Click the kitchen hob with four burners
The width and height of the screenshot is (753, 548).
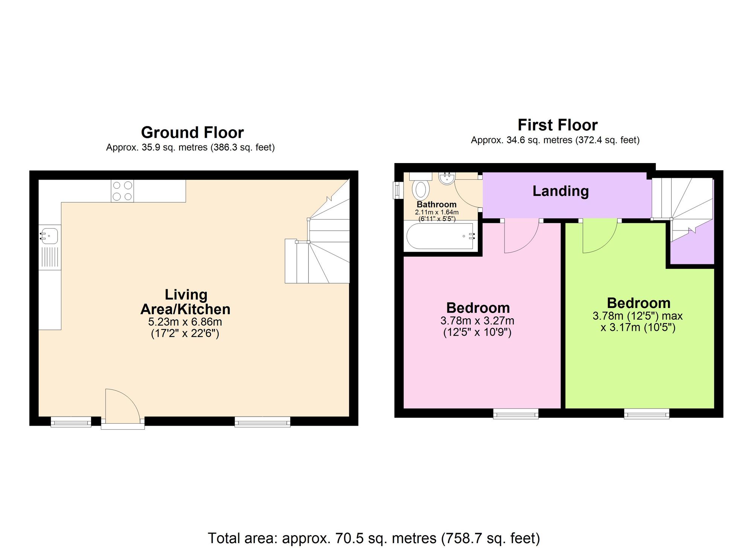pyautogui.click(x=122, y=191)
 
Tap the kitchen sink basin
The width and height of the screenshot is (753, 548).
pyautogui.click(x=49, y=236)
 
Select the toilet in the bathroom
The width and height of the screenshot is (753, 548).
pyautogui.click(x=421, y=186)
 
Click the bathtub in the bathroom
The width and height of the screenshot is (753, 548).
pyautogui.click(x=441, y=236)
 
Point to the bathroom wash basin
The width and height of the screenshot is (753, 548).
pyautogui.click(x=447, y=178)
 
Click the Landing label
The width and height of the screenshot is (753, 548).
pyautogui.click(x=561, y=191)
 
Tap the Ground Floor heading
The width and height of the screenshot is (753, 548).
pyautogui.click(x=192, y=133)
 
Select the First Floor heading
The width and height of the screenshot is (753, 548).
pyautogui.click(x=558, y=125)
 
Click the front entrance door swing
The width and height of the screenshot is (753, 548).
pyautogui.click(x=123, y=404)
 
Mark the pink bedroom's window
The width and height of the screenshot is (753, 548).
pyautogui.click(x=516, y=414)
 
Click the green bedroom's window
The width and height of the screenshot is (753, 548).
pyautogui.click(x=647, y=414)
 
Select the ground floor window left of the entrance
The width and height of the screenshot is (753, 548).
pyautogui.click(x=71, y=421)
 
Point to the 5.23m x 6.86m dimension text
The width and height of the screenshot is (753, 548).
pyautogui.click(x=185, y=322)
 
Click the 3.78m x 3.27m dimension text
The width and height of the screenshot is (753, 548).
pyautogui.click(x=477, y=321)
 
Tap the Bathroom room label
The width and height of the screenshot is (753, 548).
pyautogui.click(x=436, y=205)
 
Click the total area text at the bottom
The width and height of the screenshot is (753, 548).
pyautogui.click(x=374, y=538)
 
